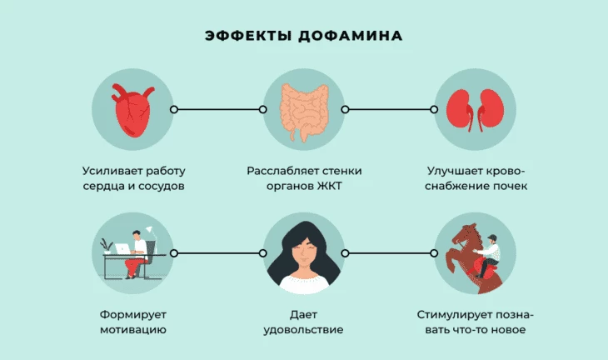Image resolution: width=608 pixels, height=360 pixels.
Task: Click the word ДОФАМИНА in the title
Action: pos(351,36)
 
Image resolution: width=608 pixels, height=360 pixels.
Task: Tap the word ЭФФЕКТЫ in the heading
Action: pos(248,36)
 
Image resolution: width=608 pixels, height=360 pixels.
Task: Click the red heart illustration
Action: pos(133,110)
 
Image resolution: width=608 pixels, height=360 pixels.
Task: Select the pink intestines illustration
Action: pos(305,112)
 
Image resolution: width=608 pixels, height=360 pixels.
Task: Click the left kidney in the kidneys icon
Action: pos(461,110)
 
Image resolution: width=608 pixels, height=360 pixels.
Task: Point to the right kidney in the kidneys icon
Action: pos(491,110)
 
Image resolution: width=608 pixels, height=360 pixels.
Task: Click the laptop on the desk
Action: pos(123,248)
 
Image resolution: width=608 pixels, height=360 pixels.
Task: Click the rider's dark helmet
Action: pos(492,237)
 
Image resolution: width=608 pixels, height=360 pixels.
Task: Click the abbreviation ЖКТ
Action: pos(330,186)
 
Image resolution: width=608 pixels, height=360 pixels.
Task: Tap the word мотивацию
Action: pos(133,330)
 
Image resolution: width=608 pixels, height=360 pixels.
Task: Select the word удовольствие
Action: pos(304,330)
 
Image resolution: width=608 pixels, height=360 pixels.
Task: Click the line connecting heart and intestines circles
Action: pos(218,110)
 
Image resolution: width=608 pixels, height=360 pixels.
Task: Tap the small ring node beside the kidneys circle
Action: pos(434,110)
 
